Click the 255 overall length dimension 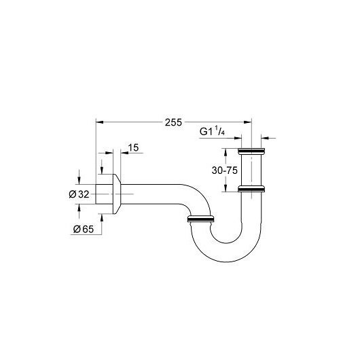[173, 122]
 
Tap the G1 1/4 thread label [212, 132]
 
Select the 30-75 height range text [225, 170]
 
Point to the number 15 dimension [133, 147]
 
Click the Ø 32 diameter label [79, 194]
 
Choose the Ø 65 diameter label [84, 229]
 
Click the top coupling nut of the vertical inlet [251, 151]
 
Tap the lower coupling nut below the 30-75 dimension [251, 189]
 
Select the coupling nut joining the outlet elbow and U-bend [201, 219]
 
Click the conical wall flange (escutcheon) [117, 194]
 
